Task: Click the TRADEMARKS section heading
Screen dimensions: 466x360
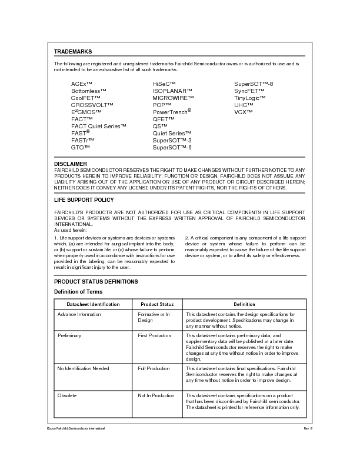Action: pos(73,52)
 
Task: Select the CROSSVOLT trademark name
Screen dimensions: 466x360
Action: pos(92,105)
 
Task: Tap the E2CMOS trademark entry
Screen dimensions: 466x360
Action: pos(86,112)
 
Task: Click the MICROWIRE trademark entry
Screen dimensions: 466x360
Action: pos(173,98)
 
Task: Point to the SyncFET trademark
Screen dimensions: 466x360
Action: pos(249,91)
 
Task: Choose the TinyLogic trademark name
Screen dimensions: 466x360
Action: pos(250,98)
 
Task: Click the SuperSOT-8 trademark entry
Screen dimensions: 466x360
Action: pos(254,84)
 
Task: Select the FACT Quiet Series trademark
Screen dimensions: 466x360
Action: pos(99,126)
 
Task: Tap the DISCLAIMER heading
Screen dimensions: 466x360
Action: pos(71,164)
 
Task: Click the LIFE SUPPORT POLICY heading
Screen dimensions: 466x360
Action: pos(84,200)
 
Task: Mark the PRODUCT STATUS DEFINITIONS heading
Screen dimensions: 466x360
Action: pos(96,282)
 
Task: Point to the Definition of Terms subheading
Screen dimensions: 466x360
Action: pos(78,292)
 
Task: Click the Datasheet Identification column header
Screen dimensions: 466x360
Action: pos(93,304)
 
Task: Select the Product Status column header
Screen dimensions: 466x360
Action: pos(157,304)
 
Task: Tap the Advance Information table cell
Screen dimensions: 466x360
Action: pos(79,314)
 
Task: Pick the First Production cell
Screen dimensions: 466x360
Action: pos(155,335)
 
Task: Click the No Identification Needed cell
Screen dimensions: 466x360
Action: pos(83,368)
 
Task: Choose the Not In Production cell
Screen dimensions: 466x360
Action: pos(156,395)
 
